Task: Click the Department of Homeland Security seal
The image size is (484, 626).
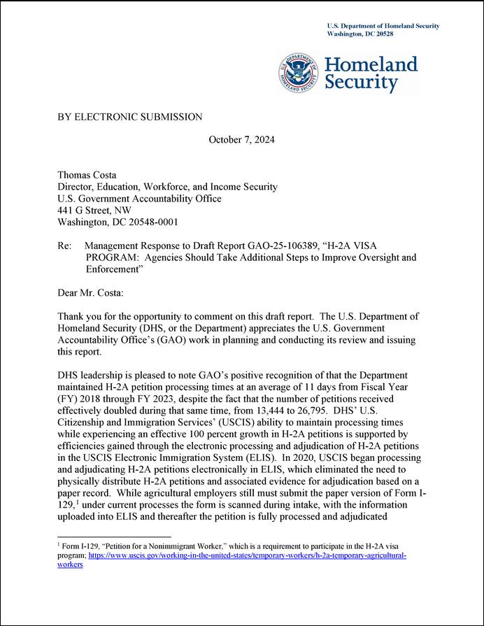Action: click(x=300, y=72)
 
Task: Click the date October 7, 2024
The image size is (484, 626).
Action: click(x=241, y=140)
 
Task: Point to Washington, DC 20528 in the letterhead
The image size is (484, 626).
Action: click(x=360, y=34)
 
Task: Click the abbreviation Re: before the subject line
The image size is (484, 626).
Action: click(x=65, y=246)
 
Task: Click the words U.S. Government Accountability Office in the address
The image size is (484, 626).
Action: click(x=139, y=199)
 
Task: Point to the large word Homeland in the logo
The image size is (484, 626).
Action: click(x=371, y=64)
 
